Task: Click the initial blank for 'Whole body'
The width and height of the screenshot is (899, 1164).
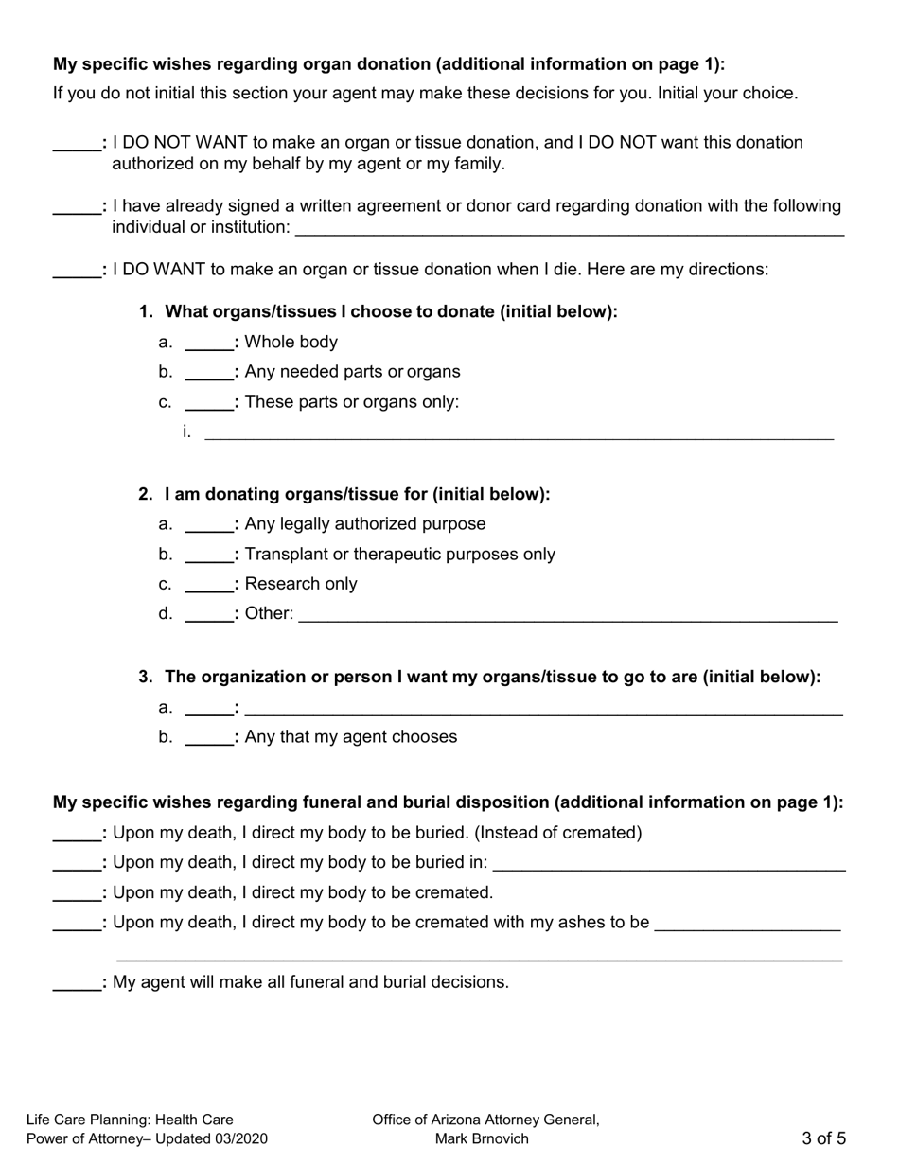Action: coord(209,343)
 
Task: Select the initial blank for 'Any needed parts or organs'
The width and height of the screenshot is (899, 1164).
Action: coord(209,372)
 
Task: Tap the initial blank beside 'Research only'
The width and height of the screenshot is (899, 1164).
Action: coord(209,584)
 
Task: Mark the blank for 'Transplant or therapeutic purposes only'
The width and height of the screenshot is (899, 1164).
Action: coord(209,555)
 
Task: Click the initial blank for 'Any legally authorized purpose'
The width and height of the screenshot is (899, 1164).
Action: coord(209,524)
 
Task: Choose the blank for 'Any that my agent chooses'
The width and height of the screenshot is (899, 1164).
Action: coord(209,737)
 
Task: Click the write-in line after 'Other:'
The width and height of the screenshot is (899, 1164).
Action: coord(568,614)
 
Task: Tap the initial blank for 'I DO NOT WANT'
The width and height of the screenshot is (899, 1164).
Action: coord(77,143)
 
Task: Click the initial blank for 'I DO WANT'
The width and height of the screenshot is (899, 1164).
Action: coord(77,270)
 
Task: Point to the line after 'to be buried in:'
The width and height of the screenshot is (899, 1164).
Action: coord(669,863)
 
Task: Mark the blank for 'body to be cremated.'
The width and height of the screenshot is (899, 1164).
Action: coord(77,893)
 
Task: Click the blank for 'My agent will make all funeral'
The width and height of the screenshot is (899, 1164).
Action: coord(77,983)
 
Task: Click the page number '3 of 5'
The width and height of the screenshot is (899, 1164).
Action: coord(823,1138)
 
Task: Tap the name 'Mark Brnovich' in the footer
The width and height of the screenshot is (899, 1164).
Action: coord(482,1138)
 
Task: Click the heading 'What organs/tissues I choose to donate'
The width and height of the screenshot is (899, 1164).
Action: coord(391,312)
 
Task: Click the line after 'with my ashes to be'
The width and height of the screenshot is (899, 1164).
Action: coord(747,923)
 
